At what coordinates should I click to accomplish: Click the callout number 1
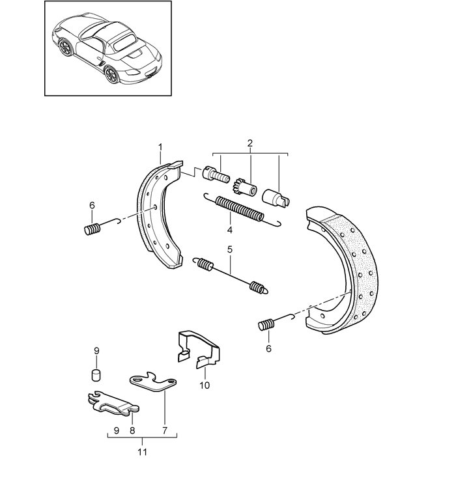[160, 148]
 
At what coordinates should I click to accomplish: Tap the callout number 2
[250, 143]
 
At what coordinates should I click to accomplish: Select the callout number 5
[229, 249]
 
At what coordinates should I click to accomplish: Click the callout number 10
[205, 385]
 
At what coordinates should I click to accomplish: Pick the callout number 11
[142, 451]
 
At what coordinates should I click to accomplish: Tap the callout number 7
[165, 430]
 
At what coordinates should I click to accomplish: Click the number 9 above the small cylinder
[96, 352]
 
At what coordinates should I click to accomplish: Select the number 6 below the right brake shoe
[268, 348]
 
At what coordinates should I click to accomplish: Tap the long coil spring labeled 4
[241, 210]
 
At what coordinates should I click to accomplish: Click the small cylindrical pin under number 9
[96, 374]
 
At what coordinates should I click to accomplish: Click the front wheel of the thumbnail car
[66, 49]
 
